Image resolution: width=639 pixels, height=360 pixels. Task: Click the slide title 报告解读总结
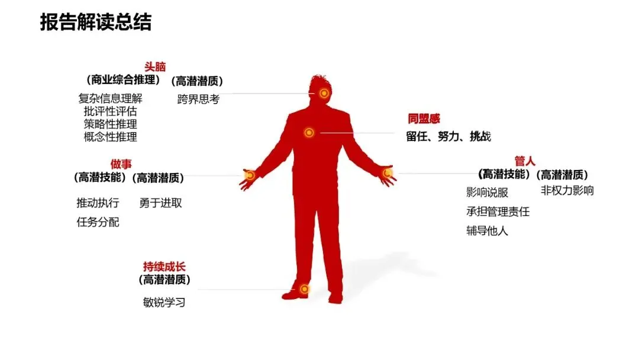point(96,22)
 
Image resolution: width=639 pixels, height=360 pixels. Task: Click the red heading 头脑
point(155,67)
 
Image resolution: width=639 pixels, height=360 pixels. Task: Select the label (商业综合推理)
point(122,80)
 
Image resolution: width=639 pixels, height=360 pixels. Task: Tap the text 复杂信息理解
point(110,98)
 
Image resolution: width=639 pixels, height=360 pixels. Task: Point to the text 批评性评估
point(110,111)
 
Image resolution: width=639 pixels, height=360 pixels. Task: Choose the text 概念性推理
point(110,137)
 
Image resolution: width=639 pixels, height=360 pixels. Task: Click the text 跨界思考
point(198,99)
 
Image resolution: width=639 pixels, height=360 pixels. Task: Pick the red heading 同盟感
point(423,119)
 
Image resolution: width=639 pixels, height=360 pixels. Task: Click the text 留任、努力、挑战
point(448,136)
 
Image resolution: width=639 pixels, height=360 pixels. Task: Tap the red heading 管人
point(525,161)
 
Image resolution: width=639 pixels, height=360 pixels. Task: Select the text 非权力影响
point(567,191)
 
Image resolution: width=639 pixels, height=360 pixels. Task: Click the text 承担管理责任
point(498,211)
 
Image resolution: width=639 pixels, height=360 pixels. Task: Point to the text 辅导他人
point(487,231)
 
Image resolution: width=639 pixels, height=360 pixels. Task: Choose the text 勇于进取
point(160,203)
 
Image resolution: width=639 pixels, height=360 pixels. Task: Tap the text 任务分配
point(98,223)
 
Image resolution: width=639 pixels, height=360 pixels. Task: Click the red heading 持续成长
point(164,266)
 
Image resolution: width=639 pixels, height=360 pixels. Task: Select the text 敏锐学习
point(164,302)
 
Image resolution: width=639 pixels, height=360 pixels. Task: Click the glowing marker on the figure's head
point(324,93)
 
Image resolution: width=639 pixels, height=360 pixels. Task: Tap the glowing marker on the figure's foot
point(304,289)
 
